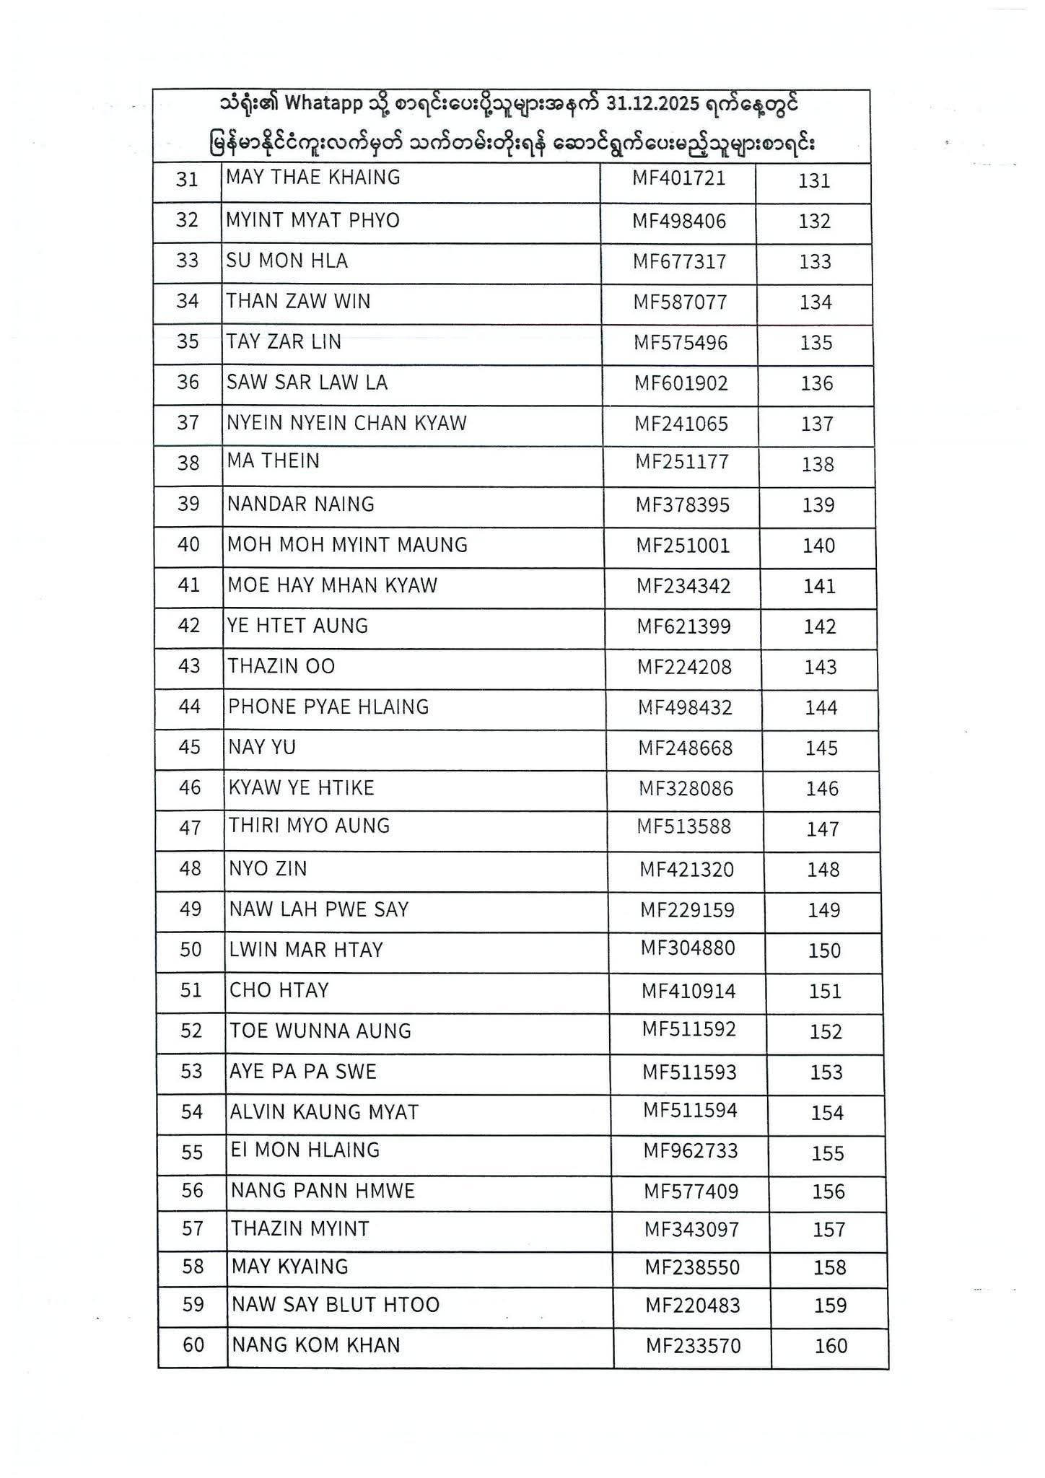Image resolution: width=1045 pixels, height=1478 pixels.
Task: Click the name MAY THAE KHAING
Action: (x=312, y=178)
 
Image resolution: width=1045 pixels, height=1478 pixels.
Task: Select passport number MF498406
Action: (x=679, y=221)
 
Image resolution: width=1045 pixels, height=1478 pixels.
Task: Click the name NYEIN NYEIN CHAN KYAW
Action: (x=346, y=423)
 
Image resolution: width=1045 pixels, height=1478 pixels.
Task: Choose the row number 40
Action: (x=188, y=545)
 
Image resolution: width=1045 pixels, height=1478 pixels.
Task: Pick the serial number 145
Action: (x=821, y=748)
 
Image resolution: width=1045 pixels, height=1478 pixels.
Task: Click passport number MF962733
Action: (x=691, y=1150)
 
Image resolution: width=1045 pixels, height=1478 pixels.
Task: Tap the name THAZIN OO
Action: (x=281, y=666)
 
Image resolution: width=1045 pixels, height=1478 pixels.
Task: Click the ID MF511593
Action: (x=689, y=1072)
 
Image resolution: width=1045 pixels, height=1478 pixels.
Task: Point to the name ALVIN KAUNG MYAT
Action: (x=324, y=1112)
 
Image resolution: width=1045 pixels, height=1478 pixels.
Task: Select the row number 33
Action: (x=187, y=261)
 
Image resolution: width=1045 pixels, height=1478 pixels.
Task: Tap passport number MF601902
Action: (x=681, y=383)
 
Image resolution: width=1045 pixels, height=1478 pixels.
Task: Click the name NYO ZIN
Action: (x=268, y=869)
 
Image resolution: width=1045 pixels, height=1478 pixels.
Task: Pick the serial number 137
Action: (x=817, y=424)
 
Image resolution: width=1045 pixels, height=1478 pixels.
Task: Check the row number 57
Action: (x=193, y=1229)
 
